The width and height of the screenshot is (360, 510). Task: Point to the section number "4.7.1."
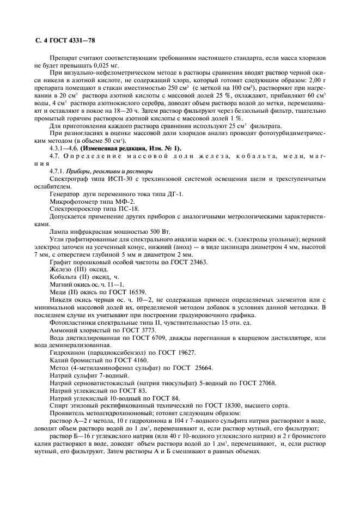click(57, 171)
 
